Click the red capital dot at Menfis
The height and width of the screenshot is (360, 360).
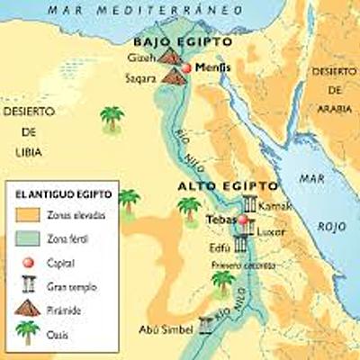(x=187, y=68)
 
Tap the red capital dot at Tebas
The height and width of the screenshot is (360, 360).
(x=242, y=220)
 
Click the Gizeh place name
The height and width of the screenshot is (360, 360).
(x=145, y=58)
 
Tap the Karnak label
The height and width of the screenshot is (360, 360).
(x=275, y=207)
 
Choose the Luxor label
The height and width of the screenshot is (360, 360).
(x=273, y=231)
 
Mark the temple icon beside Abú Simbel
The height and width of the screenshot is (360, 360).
(x=206, y=328)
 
